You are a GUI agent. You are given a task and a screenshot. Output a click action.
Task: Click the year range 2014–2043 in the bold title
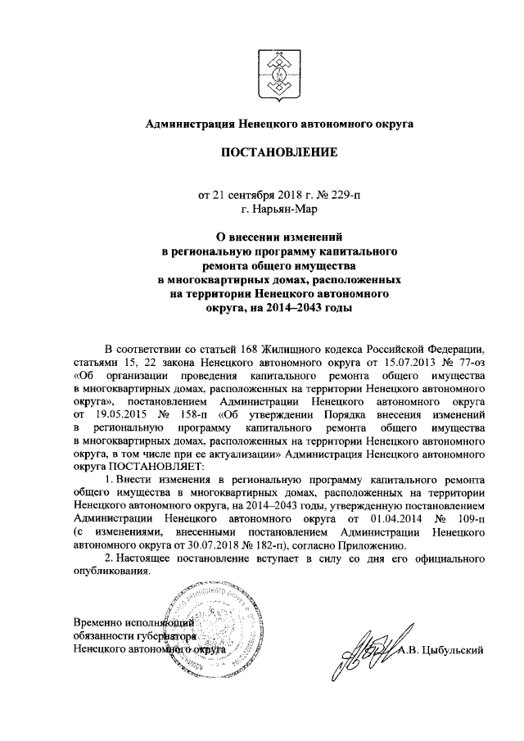[x=282, y=307]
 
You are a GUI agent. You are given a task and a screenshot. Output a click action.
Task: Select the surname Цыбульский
[x=453, y=649]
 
